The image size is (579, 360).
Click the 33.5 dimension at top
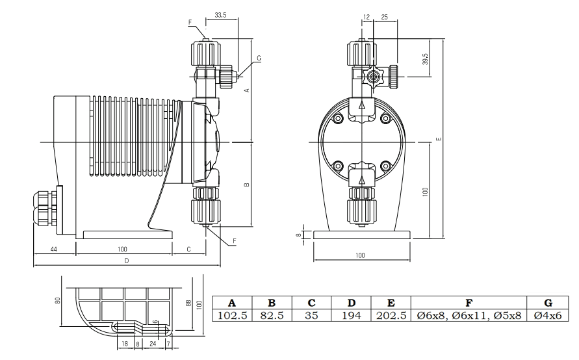click(220, 15)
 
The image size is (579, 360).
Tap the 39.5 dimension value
click(425, 59)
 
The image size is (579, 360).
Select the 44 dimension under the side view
click(53, 250)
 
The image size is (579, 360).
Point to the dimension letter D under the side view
click(127, 261)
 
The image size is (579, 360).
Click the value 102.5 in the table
click(232, 316)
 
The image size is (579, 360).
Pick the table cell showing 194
click(351, 316)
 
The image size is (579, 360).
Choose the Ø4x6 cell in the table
click(548, 316)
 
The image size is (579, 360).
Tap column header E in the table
click(391, 303)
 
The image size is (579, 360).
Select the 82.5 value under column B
click(272, 316)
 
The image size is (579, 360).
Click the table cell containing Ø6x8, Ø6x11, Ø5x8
click(469, 316)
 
